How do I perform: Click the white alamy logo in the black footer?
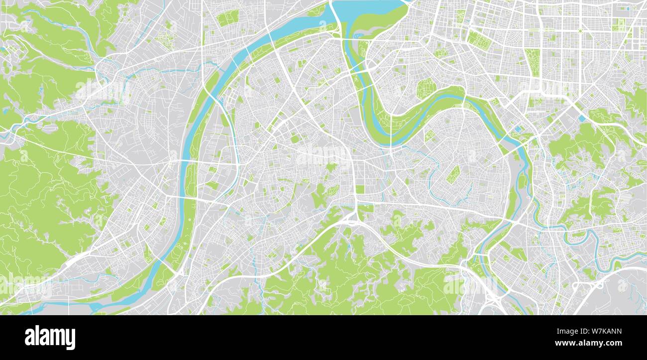(50, 338)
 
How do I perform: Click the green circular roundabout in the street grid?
(580, 31)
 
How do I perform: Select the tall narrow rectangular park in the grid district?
(534, 62)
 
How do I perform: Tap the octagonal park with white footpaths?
(426, 89)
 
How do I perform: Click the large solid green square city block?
(359, 189)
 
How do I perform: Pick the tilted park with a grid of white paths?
(452, 174)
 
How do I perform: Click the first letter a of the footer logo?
(30, 339)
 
